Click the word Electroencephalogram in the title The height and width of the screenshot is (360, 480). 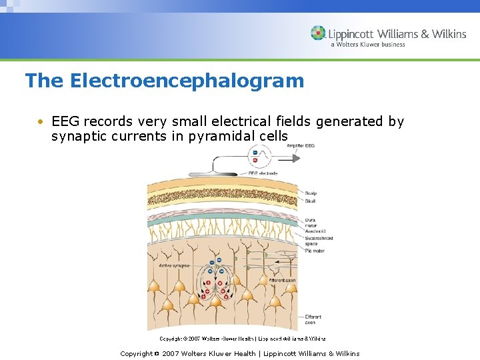tap(187, 81)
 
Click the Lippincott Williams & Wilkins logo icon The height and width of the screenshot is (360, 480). tap(318, 33)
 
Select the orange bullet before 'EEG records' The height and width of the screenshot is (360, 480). tap(41, 122)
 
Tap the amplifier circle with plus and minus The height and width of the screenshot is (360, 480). tap(254, 155)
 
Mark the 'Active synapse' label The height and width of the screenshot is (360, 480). tap(174, 265)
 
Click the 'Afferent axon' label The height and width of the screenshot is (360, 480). tap(282, 281)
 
